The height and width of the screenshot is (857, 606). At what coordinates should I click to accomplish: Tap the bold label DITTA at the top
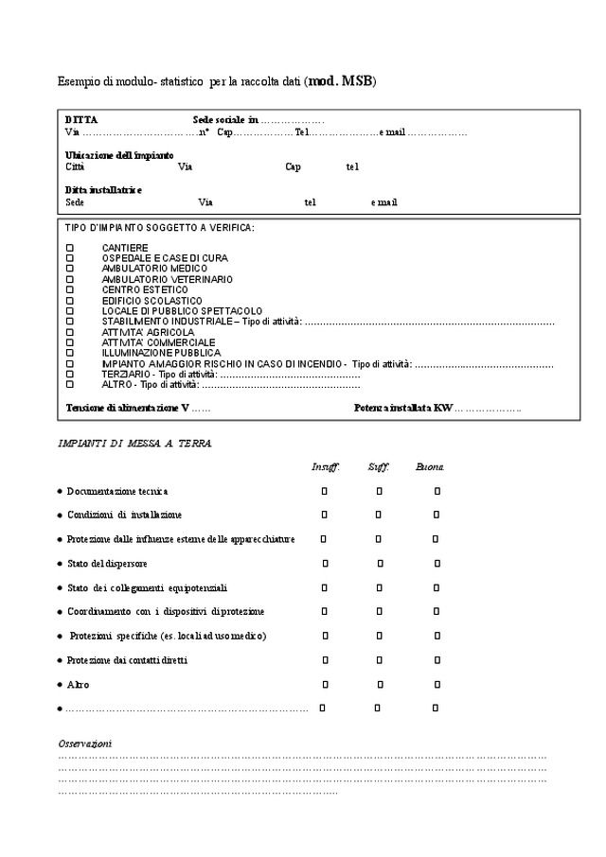81,120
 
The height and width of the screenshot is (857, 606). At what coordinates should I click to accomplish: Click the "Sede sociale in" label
225,120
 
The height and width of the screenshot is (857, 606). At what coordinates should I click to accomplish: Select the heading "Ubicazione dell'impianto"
119,154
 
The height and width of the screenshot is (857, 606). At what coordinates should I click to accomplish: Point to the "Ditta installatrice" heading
103,189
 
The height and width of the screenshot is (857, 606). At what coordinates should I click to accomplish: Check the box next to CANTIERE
69,248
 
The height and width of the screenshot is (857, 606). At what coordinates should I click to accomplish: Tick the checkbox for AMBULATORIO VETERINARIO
69,279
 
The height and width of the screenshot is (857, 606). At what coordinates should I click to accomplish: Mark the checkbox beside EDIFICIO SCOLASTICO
69,301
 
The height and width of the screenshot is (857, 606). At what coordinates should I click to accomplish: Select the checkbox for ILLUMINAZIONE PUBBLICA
69,353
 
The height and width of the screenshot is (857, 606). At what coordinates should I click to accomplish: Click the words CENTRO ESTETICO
145,289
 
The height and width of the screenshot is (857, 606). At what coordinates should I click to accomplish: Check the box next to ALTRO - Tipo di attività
69,385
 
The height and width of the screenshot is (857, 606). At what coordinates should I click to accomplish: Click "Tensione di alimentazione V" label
127,408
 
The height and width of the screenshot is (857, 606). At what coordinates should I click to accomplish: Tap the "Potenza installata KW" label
403,408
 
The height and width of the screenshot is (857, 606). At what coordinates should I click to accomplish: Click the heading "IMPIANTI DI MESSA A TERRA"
134,443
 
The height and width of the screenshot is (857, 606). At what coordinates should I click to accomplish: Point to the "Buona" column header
430,467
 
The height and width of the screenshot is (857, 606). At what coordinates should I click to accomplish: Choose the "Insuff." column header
326,467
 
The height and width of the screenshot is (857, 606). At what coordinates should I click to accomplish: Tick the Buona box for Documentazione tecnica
437,491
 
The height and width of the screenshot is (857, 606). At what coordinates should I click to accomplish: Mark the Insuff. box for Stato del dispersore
325,564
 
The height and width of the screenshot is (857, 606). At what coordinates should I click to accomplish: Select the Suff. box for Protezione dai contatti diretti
380,659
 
